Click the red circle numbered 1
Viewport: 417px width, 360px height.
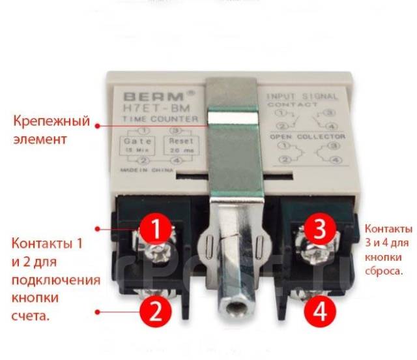(x=155, y=230)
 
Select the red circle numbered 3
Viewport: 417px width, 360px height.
(x=321, y=230)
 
